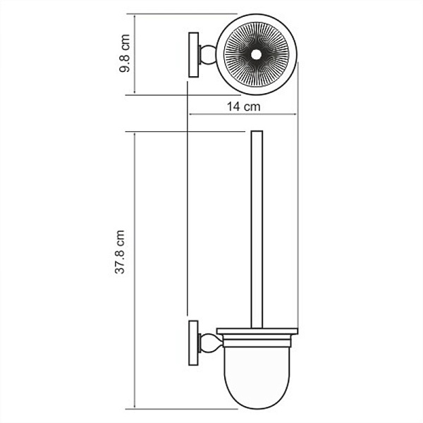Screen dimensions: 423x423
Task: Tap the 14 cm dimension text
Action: point(241,107)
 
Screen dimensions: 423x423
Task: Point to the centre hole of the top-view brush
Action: point(257,54)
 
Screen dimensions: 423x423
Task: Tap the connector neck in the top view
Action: point(208,54)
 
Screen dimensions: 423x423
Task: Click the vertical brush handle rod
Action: point(257,233)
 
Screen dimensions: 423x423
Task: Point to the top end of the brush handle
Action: point(257,133)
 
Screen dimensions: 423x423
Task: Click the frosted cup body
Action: point(257,367)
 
